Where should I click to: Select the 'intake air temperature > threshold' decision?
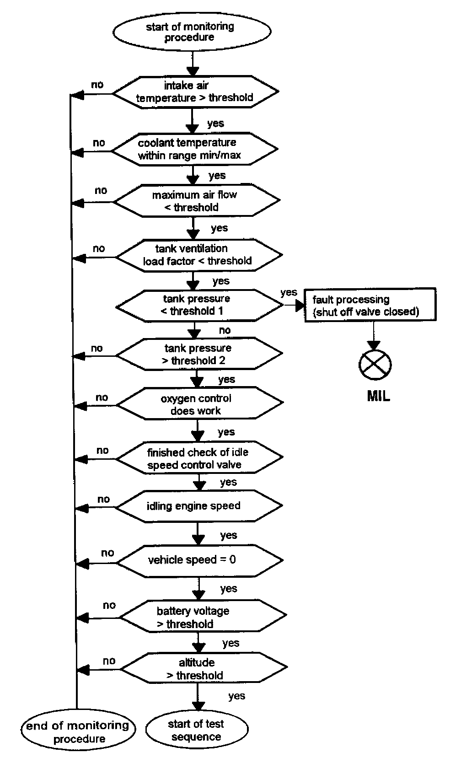pyautogui.click(x=195, y=91)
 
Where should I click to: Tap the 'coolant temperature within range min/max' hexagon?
pyautogui.click(x=195, y=149)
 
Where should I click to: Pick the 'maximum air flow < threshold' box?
pyautogui.click(x=196, y=201)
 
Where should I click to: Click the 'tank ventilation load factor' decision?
pyautogui.click(x=199, y=255)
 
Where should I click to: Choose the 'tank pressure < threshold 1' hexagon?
pyautogui.click(x=199, y=305)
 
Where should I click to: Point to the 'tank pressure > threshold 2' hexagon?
pyautogui.click(x=199, y=355)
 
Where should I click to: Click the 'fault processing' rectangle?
pyautogui.click(x=370, y=306)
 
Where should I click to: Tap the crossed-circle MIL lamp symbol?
pyautogui.click(x=375, y=365)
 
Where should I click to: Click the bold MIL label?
pyautogui.click(x=378, y=396)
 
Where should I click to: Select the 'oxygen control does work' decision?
pyautogui.click(x=200, y=404)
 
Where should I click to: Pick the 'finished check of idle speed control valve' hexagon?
pyautogui.click(x=200, y=458)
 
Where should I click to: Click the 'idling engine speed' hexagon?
pyautogui.click(x=198, y=506)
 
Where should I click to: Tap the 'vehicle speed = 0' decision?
pyautogui.click(x=200, y=560)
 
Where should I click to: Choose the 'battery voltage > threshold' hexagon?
pyautogui.click(x=203, y=618)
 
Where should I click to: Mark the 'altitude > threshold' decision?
pyautogui.click(x=204, y=669)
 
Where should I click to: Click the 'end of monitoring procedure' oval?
pyautogui.click(x=78, y=732)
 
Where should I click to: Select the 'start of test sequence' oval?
pyautogui.click(x=197, y=730)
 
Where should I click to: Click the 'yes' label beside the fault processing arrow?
pyautogui.click(x=289, y=292)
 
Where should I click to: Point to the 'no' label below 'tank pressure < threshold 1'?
pyautogui.click(x=225, y=330)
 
